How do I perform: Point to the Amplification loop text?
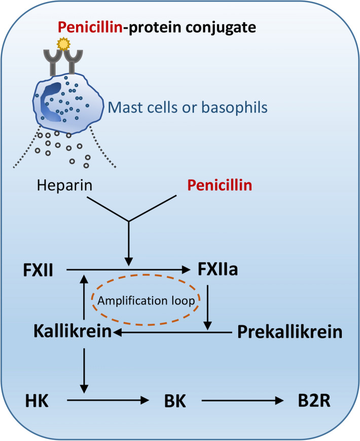tap(146, 300)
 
